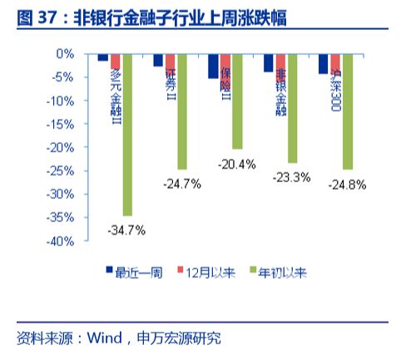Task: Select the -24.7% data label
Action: point(182,183)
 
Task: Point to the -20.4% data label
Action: point(237,164)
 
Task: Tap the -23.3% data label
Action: point(292,177)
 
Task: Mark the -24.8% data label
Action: point(347,183)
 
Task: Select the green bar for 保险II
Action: point(237,101)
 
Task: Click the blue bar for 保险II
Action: point(213,66)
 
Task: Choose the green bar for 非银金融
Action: point(292,107)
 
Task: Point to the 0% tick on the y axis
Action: point(65,53)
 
